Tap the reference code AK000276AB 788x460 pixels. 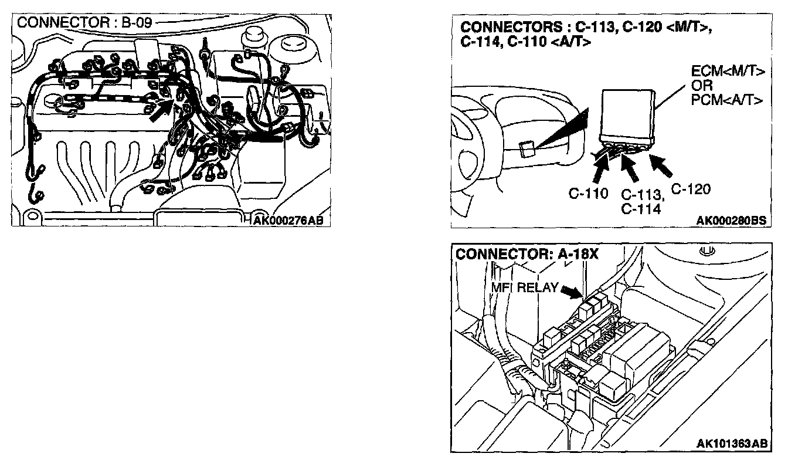point(288,221)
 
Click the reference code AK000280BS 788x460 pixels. point(731,221)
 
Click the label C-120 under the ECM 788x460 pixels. point(691,189)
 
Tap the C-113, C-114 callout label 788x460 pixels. point(641,201)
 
